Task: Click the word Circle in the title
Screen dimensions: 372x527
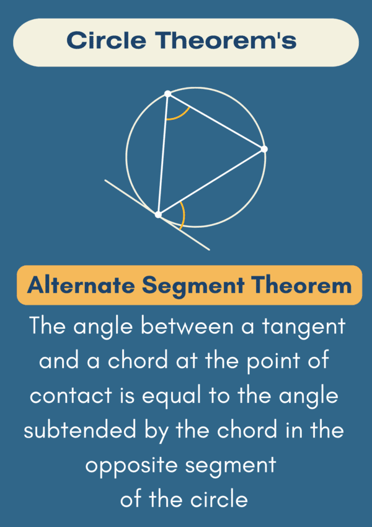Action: pos(107,41)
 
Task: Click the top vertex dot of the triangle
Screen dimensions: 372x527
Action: pos(168,94)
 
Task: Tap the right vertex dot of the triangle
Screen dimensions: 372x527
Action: pos(264,149)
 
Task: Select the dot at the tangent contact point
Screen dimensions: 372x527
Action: pos(158,214)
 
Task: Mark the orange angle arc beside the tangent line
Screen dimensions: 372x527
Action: pos(184,215)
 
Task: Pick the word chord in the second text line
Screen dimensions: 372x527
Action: pos(138,361)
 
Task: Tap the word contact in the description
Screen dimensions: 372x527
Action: pos(71,396)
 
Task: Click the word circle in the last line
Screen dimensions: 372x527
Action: pos(219,500)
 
